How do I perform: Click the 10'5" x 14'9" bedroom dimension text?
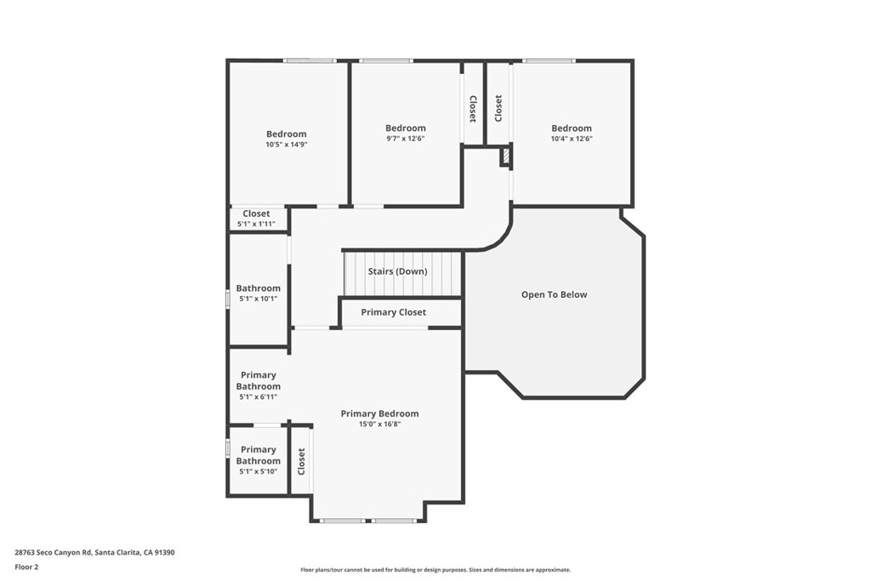coord(286,145)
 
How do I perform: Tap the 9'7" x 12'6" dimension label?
coord(406,139)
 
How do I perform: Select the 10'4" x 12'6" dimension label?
coord(572,139)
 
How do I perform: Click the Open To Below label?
coord(554,294)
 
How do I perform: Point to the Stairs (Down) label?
coord(398,271)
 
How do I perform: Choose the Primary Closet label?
coord(393,312)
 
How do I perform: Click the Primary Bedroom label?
coord(379,413)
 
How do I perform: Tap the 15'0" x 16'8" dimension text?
coord(380,424)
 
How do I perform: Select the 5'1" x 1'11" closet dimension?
coord(256,224)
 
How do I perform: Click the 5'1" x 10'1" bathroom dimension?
coord(259,299)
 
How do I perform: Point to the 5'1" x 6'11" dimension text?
coord(259,397)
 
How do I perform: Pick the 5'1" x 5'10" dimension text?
coord(259,471)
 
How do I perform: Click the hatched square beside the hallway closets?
coord(506,156)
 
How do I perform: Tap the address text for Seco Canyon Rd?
coord(94,553)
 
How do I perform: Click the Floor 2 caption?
coord(26,567)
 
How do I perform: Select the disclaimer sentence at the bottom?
coord(435,570)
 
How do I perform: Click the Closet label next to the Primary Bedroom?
coord(301,462)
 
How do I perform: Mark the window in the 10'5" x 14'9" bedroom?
coord(310,60)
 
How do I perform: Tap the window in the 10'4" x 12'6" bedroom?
coord(549,60)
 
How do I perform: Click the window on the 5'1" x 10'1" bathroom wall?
coord(228,299)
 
